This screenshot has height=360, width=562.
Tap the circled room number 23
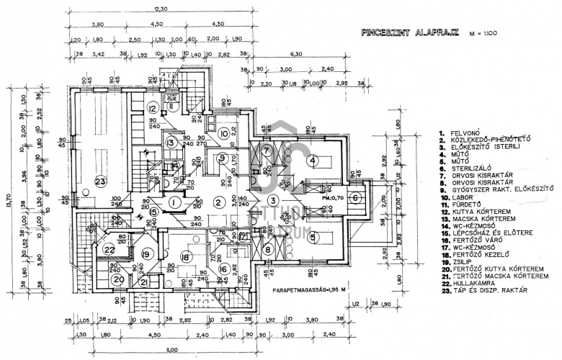(100, 181)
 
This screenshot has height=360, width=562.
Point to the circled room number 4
(312, 161)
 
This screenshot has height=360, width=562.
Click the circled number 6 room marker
(354, 198)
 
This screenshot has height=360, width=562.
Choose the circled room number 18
(186, 257)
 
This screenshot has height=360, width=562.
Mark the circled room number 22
(109, 249)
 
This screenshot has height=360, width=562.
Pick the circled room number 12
(153, 109)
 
